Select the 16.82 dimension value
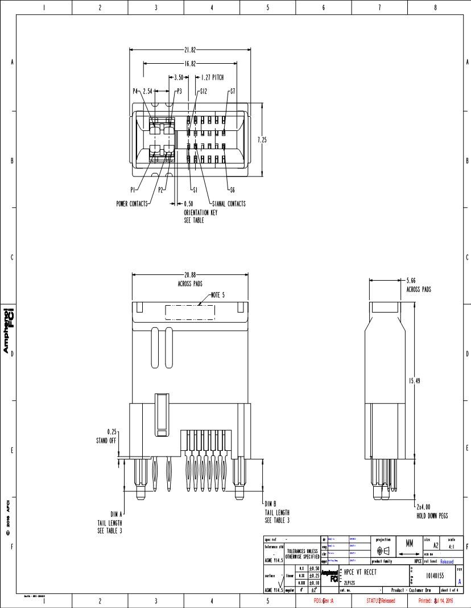[190, 64]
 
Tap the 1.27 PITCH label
[212, 77]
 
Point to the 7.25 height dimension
[261, 140]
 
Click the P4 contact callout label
[135, 91]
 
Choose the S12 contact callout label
[203, 91]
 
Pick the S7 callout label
[232, 91]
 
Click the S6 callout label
[232, 190]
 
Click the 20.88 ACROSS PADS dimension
[191, 276]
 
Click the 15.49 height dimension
[414, 381]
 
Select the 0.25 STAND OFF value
[111, 432]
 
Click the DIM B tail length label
[270, 504]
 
